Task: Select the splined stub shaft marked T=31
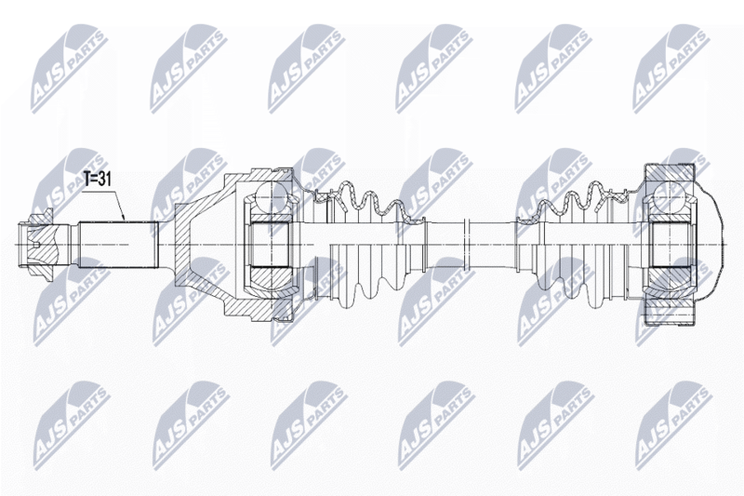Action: (x=115, y=244)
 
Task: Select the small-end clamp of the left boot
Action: (x=418, y=244)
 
